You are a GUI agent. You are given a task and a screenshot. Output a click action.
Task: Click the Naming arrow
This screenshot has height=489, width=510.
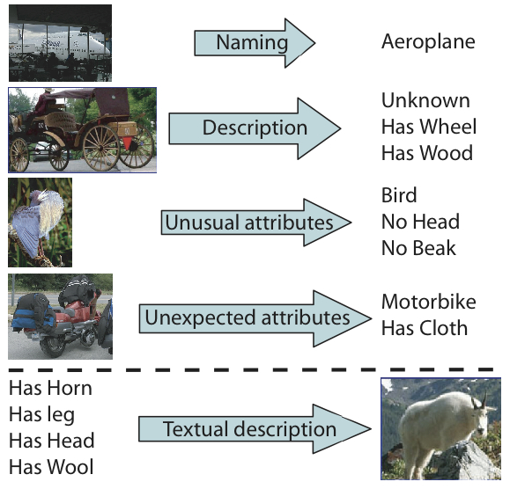255,43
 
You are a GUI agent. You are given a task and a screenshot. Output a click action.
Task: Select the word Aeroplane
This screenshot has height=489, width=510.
428,41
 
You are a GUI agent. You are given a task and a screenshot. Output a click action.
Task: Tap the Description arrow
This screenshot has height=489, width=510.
255,128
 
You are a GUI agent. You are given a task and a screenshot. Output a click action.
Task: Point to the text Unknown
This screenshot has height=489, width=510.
425,100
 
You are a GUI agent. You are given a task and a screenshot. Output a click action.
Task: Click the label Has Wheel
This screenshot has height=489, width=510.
429,127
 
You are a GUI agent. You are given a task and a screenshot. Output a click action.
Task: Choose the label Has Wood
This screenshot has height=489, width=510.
427,153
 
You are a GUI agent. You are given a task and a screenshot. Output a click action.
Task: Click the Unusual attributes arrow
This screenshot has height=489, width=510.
256,223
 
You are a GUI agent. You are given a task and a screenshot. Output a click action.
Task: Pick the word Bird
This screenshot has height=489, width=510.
399,195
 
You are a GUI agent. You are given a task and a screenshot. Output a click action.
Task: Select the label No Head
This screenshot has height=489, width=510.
420,222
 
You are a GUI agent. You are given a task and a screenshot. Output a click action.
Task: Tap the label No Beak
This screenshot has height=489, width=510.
418,248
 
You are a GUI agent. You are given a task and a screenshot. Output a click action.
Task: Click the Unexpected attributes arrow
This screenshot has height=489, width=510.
255,318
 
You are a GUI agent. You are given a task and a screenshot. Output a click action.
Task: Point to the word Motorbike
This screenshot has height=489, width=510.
429,302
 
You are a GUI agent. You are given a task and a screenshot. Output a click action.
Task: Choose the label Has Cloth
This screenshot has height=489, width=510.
425,328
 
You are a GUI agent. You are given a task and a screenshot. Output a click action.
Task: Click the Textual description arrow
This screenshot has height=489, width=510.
255,429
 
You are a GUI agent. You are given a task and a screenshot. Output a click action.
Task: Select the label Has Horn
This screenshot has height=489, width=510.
50,388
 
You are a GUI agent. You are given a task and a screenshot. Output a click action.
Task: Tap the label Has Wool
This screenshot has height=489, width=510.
51,467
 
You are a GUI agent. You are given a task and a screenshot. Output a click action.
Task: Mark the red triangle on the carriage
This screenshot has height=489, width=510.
127,142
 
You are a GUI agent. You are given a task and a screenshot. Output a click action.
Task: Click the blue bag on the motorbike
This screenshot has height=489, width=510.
33,315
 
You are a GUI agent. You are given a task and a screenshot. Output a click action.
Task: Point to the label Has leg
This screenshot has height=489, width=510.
41,415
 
